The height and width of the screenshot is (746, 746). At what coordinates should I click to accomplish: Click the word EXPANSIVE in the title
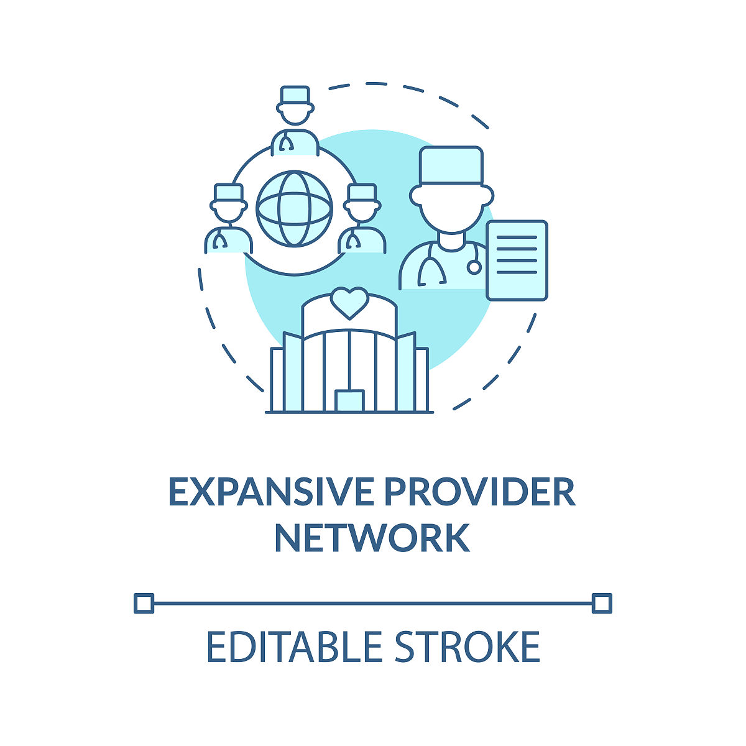click(x=272, y=492)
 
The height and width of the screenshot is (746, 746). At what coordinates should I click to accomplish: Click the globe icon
click(x=294, y=209)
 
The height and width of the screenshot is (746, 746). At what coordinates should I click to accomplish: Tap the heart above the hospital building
click(x=349, y=303)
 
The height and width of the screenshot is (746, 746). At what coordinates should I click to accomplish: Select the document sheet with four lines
click(x=517, y=260)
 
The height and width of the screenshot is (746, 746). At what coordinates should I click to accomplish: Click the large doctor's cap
click(x=451, y=166)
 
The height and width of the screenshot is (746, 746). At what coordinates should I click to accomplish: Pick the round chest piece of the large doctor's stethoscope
click(x=474, y=267)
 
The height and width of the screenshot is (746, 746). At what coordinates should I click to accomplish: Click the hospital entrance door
click(x=349, y=401)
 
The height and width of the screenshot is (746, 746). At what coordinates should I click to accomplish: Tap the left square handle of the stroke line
click(x=144, y=603)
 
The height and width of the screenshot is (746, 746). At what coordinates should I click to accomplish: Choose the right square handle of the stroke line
click(x=602, y=603)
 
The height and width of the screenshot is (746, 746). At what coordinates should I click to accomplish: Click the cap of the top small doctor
click(x=295, y=95)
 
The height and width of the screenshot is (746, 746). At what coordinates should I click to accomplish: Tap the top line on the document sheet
click(x=517, y=237)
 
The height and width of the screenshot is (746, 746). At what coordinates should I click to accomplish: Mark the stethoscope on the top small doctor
click(x=286, y=142)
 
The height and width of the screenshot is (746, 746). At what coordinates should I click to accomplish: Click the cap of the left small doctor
click(x=229, y=192)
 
